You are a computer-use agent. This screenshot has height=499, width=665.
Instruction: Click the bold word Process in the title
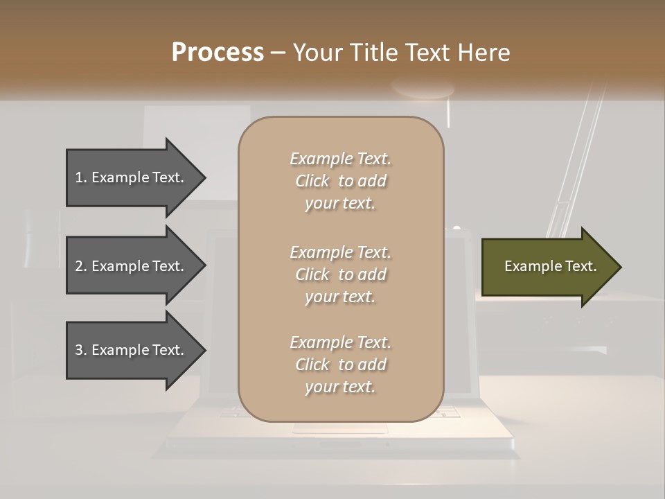tap(218, 53)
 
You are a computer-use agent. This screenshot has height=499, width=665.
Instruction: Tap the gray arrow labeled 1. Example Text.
tap(132, 177)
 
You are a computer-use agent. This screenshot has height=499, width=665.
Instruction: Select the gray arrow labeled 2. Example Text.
tap(132, 266)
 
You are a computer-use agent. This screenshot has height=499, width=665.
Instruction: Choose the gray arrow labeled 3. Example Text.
tap(132, 350)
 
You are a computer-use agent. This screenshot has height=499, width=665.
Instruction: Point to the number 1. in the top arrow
tap(81, 177)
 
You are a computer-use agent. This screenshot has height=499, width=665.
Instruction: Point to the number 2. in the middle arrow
tap(81, 266)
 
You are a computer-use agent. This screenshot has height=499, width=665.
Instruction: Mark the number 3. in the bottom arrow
tap(81, 350)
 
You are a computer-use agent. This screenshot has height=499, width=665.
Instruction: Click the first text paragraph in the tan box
tap(340, 181)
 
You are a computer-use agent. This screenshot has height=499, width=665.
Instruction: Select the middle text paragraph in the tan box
tap(340, 274)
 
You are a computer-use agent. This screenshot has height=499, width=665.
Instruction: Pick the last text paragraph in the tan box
tap(340, 365)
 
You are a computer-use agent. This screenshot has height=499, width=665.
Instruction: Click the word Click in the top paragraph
tap(312, 181)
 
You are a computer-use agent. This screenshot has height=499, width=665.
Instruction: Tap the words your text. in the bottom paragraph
tap(340, 387)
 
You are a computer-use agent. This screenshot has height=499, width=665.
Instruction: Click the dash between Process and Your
tap(278, 53)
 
